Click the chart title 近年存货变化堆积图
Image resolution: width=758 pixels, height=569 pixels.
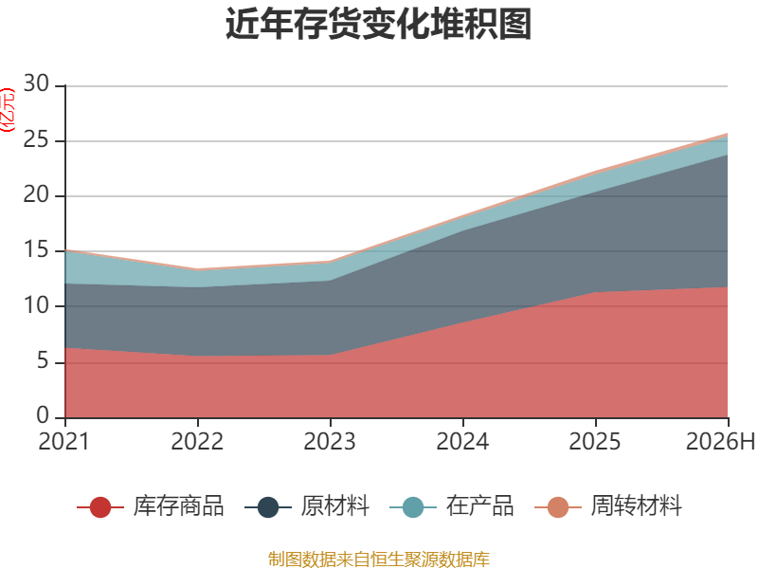[x=378, y=24]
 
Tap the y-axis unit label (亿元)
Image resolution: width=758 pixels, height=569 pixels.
[x=8, y=110]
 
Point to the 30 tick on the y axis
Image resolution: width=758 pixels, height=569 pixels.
[x=36, y=83]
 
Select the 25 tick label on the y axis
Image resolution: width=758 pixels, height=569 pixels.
[x=36, y=139]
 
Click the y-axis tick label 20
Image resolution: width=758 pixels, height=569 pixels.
[x=36, y=195]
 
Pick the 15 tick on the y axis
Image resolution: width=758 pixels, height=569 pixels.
[x=36, y=250]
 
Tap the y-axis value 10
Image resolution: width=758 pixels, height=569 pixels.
[x=36, y=305]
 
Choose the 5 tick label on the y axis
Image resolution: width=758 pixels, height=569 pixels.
[x=43, y=361]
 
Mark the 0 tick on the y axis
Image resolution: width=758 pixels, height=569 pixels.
[x=43, y=416]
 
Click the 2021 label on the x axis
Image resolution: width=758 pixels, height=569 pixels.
[x=64, y=441]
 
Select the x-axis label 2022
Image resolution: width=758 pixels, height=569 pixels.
[x=197, y=441]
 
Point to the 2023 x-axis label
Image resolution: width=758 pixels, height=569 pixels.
[x=330, y=441]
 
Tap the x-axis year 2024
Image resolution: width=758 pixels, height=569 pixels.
[x=462, y=441]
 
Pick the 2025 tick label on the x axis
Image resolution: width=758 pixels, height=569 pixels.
[x=595, y=441]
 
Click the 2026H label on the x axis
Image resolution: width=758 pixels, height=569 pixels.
[x=720, y=441]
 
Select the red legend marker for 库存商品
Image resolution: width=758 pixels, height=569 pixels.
[x=100, y=507]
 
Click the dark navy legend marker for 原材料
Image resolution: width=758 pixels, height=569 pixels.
[x=268, y=507]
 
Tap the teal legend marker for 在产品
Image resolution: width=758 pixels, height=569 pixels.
[x=413, y=507]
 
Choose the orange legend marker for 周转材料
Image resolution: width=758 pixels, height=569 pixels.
[x=558, y=507]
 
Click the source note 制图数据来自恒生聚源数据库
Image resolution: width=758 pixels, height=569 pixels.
[x=379, y=560]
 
